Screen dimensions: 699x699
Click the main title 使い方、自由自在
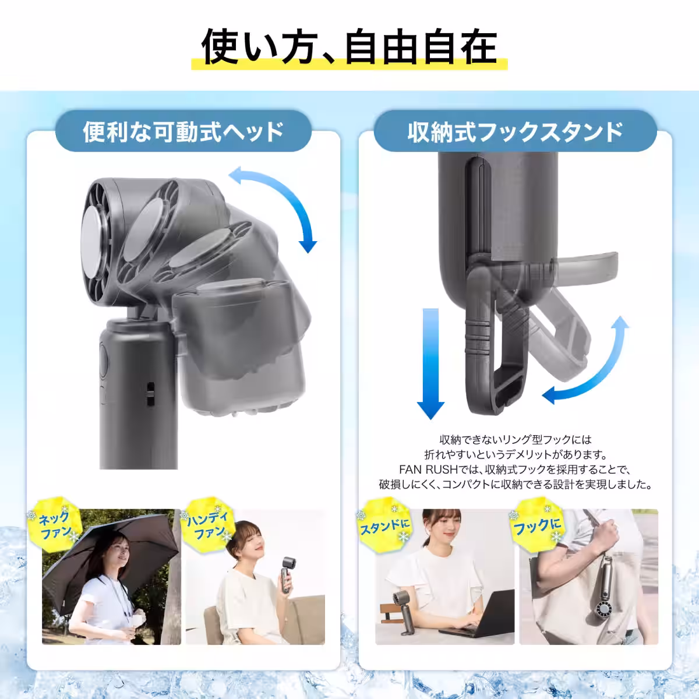[349, 47]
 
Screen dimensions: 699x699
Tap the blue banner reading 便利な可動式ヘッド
[183, 132]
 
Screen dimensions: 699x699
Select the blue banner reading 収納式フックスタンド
[515, 132]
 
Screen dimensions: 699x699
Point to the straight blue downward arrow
[431, 361]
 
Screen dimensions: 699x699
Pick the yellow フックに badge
[536, 525]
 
